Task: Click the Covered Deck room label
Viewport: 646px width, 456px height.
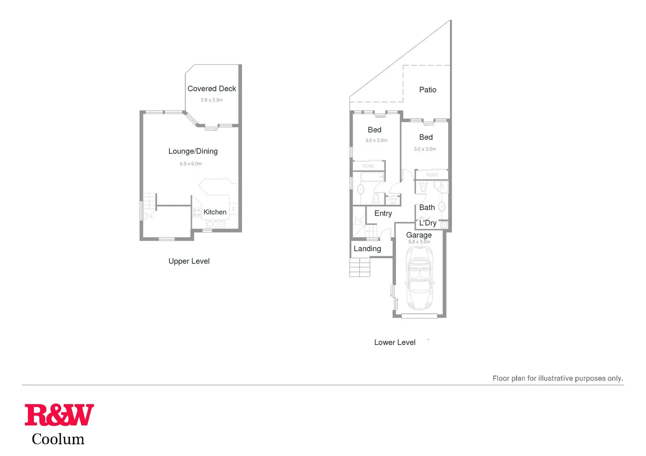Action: (x=211, y=89)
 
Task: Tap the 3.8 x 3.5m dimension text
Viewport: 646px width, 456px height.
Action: (x=211, y=100)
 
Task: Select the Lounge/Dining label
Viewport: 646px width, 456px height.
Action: (x=193, y=151)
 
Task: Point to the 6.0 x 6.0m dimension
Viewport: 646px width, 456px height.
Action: (x=191, y=164)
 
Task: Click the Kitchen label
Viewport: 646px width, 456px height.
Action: (x=215, y=212)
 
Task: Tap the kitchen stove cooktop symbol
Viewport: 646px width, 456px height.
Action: (x=197, y=212)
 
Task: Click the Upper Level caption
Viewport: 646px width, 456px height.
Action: (x=189, y=261)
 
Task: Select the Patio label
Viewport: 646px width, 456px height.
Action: (x=427, y=90)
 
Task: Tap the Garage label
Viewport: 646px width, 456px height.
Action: (x=419, y=235)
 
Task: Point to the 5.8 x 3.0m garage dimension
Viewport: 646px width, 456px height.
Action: (x=419, y=242)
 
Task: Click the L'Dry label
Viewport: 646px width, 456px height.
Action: (x=427, y=223)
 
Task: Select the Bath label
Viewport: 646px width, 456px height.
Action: (x=427, y=207)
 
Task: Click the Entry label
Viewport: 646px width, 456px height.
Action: (x=383, y=213)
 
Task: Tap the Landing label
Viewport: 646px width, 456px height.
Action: (x=367, y=249)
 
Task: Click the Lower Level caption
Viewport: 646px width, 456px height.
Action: (x=394, y=342)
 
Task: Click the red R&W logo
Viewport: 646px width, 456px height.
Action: (x=59, y=415)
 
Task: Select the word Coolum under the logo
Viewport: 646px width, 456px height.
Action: (x=58, y=439)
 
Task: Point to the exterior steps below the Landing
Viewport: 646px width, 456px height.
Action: (x=359, y=267)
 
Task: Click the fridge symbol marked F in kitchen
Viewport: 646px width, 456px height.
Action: (x=234, y=209)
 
